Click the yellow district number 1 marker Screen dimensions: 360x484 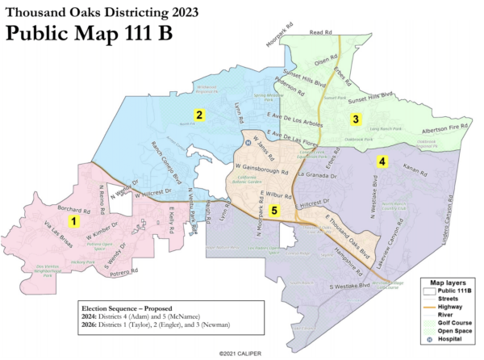point(73,220)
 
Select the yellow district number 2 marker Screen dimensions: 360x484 point(197,115)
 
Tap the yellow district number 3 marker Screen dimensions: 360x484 point(354,119)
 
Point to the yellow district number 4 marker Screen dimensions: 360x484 point(382,161)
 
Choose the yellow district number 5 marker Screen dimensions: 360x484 point(275,211)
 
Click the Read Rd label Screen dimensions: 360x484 point(321,33)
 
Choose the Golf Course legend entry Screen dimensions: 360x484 point(453,321)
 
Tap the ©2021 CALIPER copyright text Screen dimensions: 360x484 point(241,353)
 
